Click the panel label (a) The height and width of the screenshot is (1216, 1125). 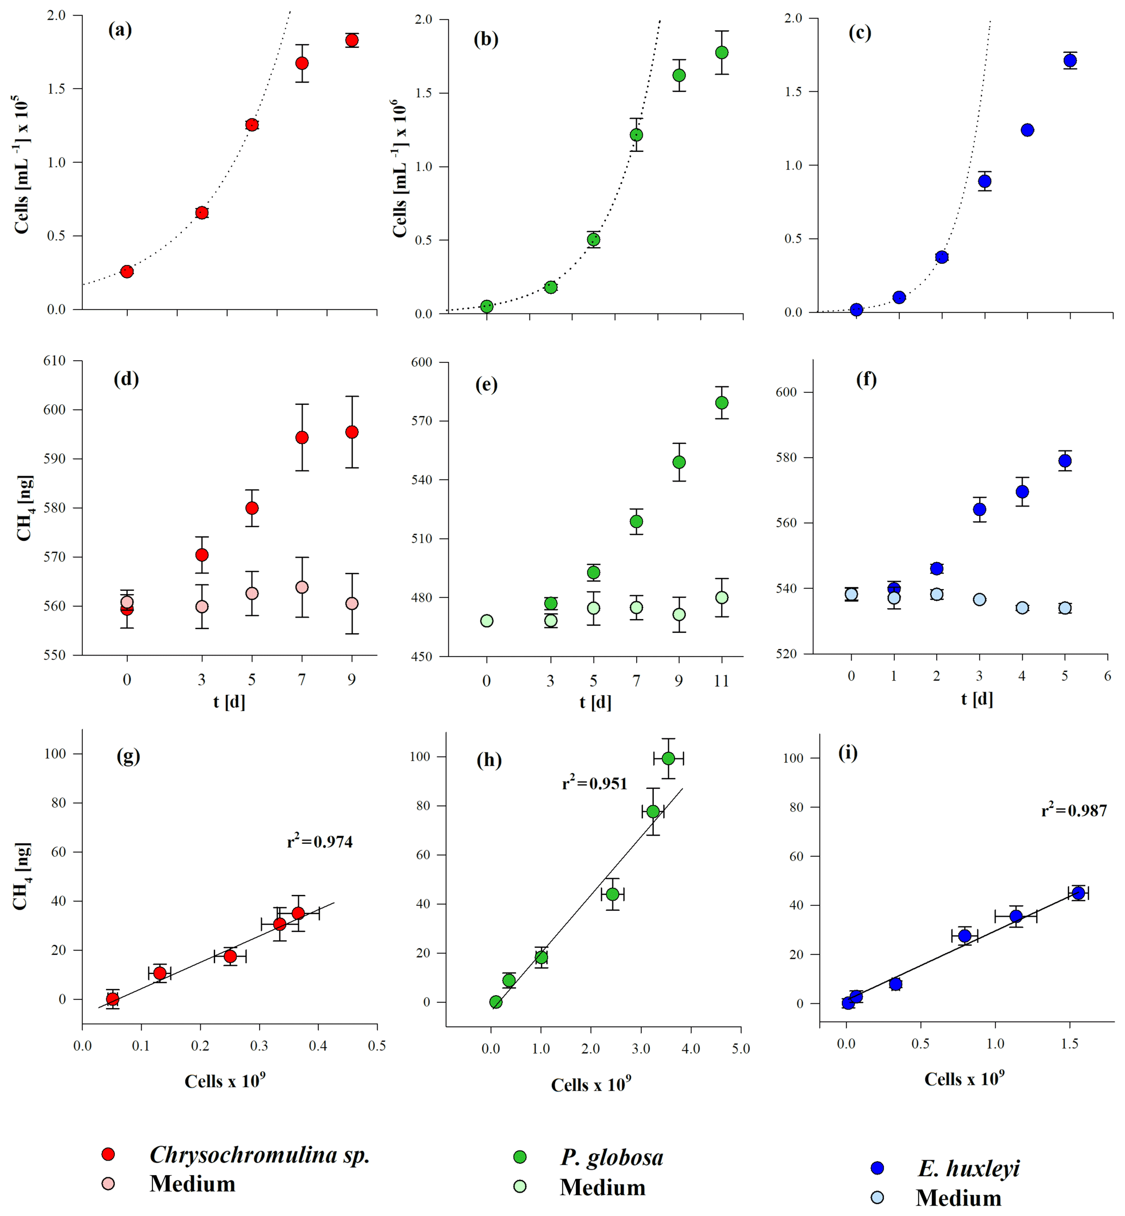click(120, 29)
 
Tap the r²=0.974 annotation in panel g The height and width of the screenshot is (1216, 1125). click(319, 841)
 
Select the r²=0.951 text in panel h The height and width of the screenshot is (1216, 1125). click(594, 783)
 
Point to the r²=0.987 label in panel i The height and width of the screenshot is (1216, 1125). click(1074, 810)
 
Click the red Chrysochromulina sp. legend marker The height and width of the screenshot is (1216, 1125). click(108, 1154)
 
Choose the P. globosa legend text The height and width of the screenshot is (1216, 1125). click(612, 1157)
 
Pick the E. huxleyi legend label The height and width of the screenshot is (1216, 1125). click(968, 1168)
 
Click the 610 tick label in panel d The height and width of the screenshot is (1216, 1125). click(54, 360)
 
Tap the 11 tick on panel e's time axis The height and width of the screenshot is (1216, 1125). click(721, 681)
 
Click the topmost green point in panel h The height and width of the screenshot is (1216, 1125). click(668, 758)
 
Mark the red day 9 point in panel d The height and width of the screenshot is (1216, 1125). click(352, 432)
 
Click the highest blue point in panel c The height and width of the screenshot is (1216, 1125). click(1070, 60)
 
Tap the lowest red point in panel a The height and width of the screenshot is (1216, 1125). click(127, 271)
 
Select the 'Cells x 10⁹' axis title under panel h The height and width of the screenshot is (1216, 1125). click(591, 1084)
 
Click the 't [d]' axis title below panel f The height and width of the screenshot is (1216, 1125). click(977, 699)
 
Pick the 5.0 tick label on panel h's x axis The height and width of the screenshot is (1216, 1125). click(740, 1048)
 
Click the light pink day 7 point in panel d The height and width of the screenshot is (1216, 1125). click(302, 587)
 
